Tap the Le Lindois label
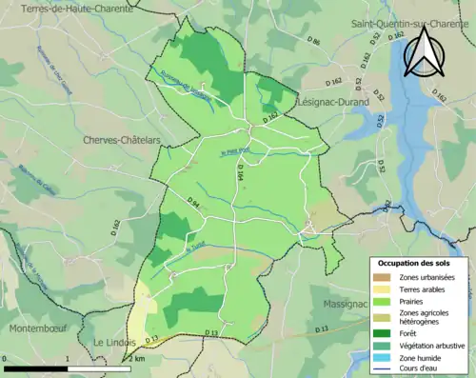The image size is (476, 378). tap(114, 341)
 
